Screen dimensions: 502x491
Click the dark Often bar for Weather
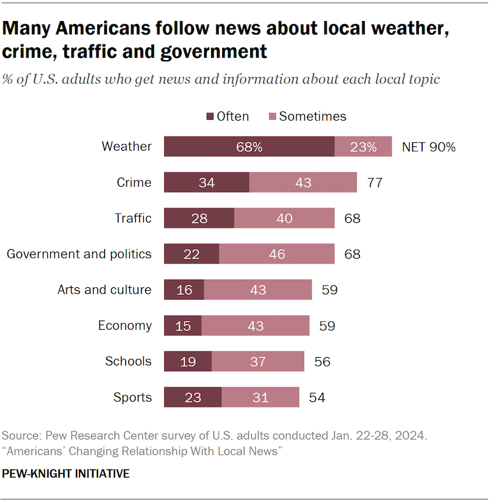[x=249, y=147]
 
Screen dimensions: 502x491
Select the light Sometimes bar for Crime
[x=303, y=182]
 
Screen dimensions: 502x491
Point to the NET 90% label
[x=428, y=147]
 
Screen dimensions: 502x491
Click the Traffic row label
[x=133, y=218]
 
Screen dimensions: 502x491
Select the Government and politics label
[x=79, y=254]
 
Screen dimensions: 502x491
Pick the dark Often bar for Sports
[x=193, y=398]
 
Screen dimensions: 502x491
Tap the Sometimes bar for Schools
[x=258, y=361]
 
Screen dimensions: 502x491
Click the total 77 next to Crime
[x=375, y=183]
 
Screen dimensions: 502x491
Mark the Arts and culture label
[x=104, y=290]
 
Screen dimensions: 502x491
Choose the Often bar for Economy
[x=183, y=326]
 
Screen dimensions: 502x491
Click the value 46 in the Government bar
[x=276, y=254]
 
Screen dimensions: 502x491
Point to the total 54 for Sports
[x=317, y=398]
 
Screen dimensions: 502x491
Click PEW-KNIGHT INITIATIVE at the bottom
[x=65, y=473]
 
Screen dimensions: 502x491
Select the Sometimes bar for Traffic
[x=284, y=218]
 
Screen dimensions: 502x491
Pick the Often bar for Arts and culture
[x=184, y=290]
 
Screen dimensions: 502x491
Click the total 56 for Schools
[x=322, y=362]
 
